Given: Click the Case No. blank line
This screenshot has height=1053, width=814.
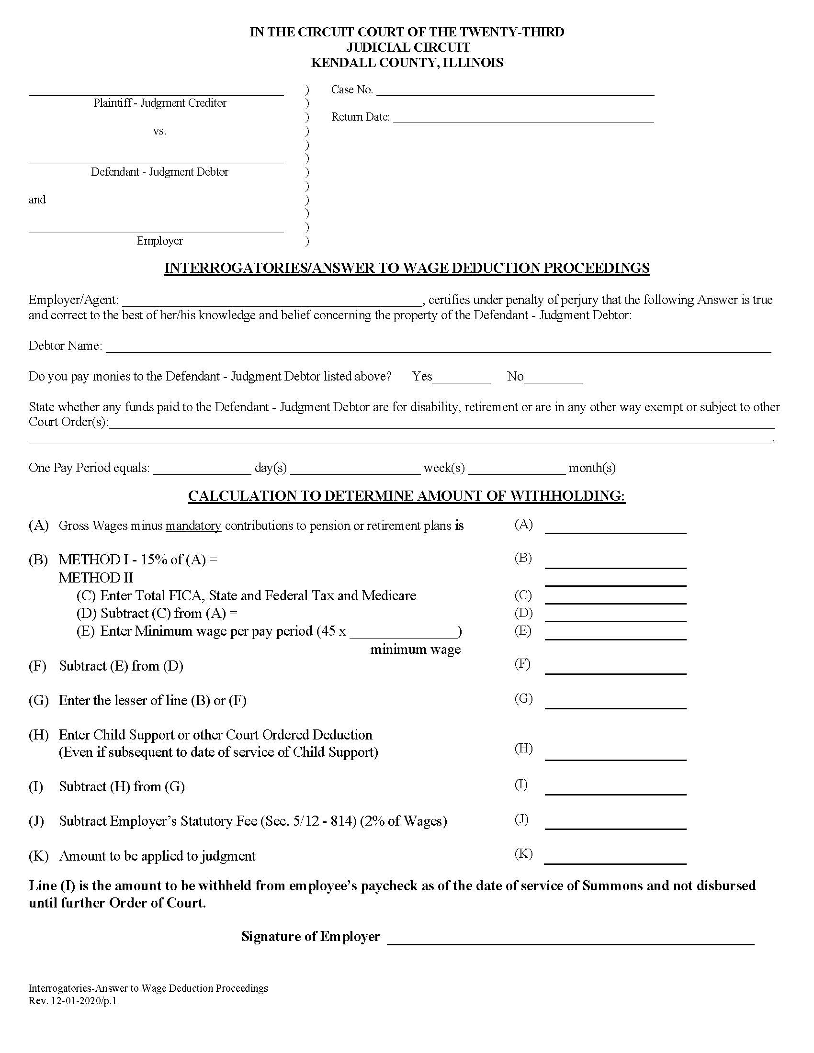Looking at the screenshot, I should [515, 91].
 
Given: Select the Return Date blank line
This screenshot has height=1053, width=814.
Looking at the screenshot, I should [523, 119].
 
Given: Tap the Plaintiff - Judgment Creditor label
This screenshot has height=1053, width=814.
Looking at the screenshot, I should [159, 103].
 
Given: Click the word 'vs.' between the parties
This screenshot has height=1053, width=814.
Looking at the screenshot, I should [159, 131].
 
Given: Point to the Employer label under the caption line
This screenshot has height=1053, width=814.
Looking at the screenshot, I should [159, 241].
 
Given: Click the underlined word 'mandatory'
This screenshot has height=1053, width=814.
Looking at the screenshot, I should [193, 526].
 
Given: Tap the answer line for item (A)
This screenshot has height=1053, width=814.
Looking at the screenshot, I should [615, 528].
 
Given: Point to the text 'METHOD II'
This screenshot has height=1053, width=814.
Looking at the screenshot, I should [96, 578].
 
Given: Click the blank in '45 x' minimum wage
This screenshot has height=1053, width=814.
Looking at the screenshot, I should [403, 633].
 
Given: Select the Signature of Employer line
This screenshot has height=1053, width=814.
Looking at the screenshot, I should [570, 939].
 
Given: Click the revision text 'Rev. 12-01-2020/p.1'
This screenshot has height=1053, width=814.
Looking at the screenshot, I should [72, 1001].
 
